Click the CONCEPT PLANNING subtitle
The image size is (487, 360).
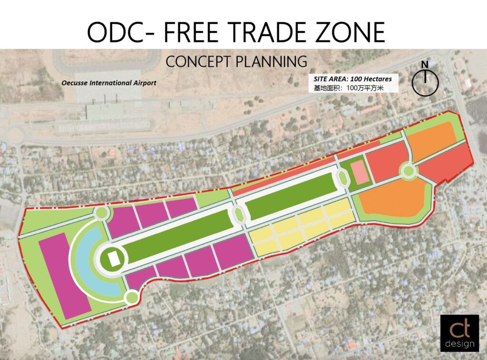(x=236, y=61)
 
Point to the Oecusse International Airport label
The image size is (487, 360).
(x=109, y=83)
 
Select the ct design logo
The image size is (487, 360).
(x=459, y=333)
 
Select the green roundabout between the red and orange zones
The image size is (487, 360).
(x=408, y=172)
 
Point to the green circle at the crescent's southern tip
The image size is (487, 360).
(x=131, y=298)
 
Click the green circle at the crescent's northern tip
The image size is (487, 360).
(x=101, y=212)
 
